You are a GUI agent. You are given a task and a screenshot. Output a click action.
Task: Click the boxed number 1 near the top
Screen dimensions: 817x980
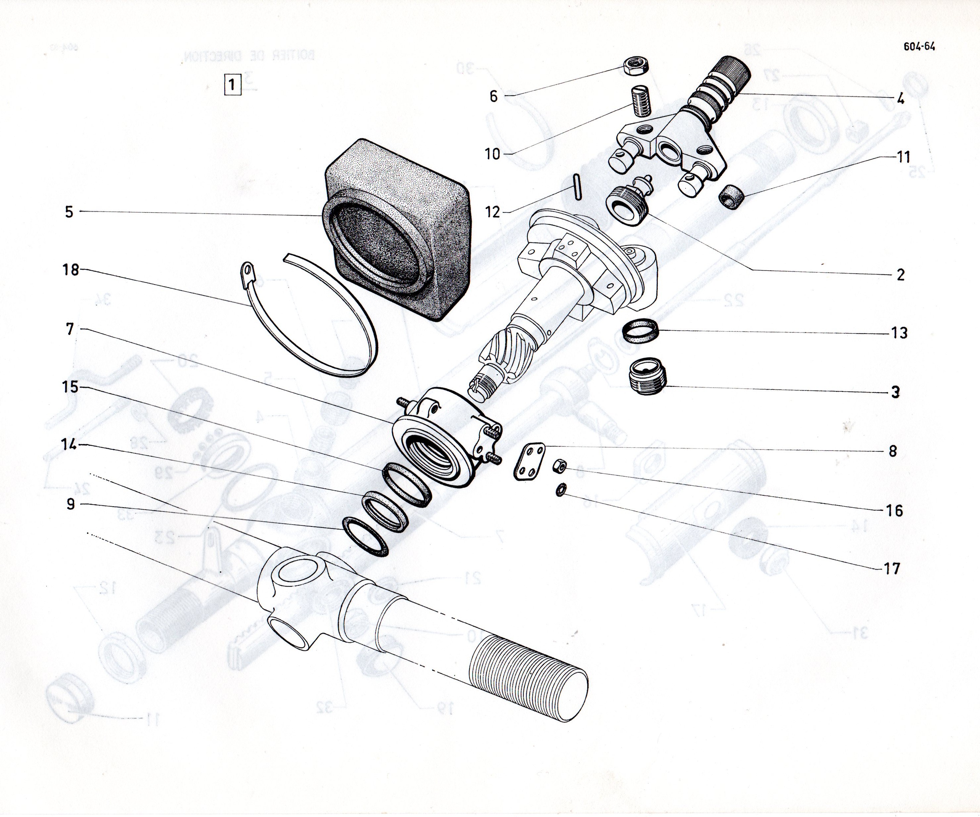coord(232,86)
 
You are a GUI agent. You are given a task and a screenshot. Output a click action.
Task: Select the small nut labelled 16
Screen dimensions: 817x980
coord(560,466)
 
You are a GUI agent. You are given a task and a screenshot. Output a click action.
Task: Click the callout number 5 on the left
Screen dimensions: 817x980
coord(69,212)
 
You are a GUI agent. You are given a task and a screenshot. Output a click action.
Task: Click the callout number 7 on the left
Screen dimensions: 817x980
coord(70,329)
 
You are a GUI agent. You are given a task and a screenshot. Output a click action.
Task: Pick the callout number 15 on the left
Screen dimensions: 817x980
coord(70,387)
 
